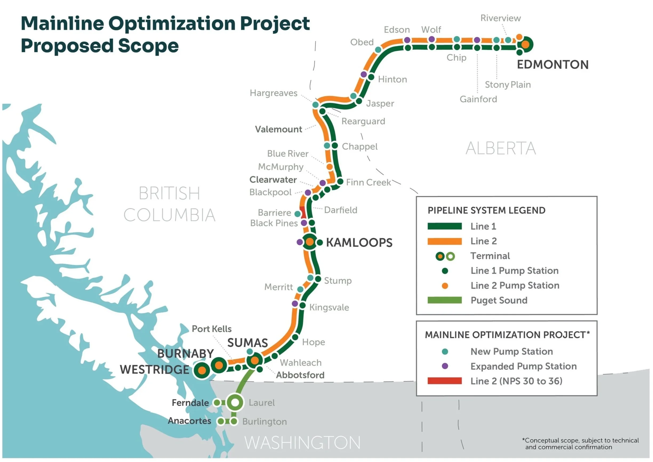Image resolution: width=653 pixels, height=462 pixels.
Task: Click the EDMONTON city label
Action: tap(552, 65)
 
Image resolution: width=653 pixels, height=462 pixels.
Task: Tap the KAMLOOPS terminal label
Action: tap(359, 243)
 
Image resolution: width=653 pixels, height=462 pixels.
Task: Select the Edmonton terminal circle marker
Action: tap(525, 44)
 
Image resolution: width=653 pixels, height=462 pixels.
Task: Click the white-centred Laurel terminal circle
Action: tap(235, 403)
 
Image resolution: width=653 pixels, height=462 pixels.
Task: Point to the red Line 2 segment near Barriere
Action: tap(303, 212)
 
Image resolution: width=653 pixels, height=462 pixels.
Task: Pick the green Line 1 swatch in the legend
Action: tap(444, 226)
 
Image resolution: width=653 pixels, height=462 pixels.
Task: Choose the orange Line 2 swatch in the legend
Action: tap(444, 241)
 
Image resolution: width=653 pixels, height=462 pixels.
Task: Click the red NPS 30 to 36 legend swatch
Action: tap(444, 381)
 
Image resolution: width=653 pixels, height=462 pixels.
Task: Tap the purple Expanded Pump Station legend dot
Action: tap(445, 366)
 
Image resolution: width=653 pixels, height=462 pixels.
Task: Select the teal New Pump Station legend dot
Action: tap(445, 352)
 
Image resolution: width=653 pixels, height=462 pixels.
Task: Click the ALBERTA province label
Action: tap(500, 149)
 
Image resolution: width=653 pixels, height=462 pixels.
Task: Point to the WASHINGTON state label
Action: tap(302, 443)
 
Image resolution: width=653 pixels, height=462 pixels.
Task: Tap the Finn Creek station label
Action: tap(368, 182)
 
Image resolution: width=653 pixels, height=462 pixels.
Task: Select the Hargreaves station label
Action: tap(273, 93)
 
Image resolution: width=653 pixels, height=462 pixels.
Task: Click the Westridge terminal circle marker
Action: tap(202, 370)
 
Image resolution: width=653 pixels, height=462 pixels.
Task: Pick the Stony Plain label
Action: tap(508, 85)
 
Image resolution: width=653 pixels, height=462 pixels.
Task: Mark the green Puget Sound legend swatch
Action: tap(444, 300)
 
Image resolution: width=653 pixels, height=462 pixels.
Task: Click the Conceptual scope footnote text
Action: tap(580, 444)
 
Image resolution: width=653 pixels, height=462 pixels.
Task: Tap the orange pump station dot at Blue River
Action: tap(329, 167)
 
